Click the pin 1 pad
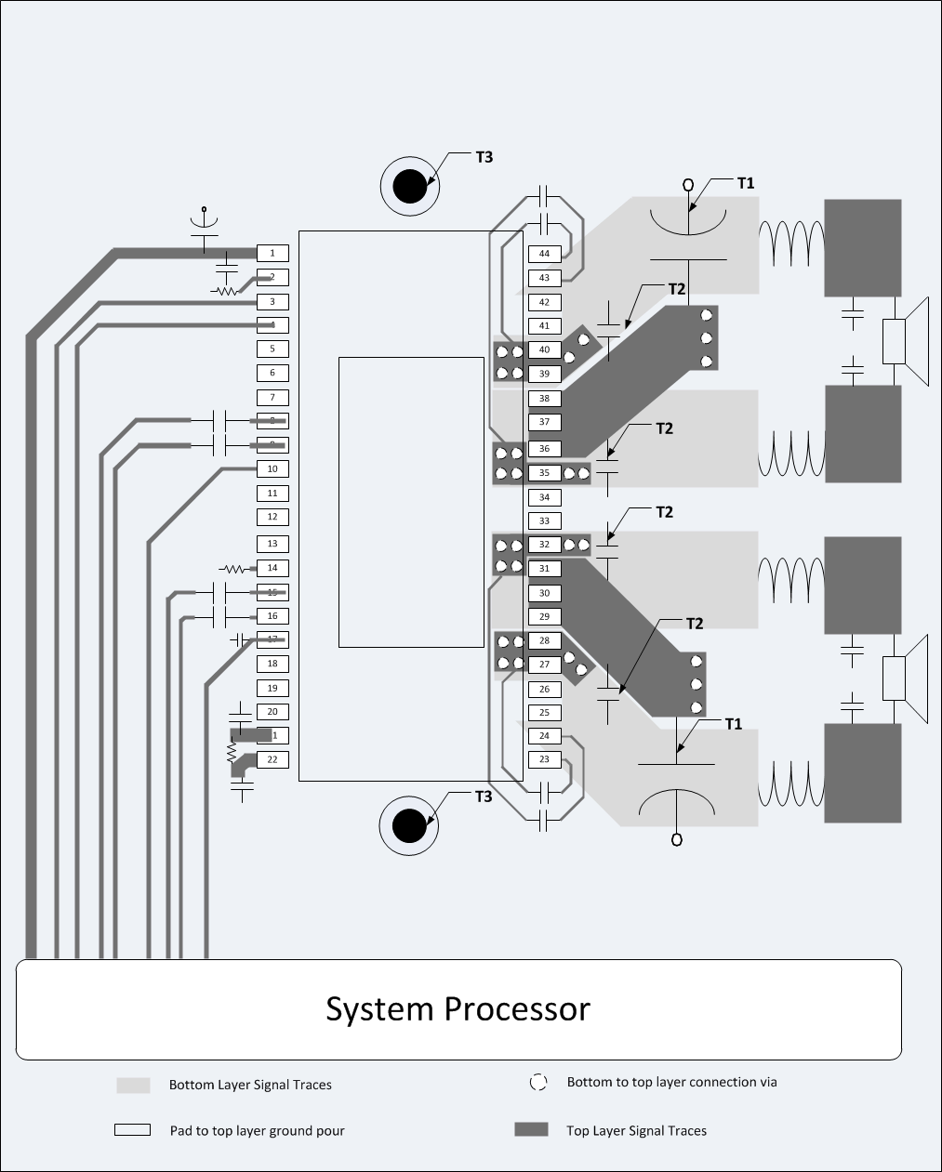[272, 253]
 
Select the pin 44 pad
[544, 254]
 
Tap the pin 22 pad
[272, 759]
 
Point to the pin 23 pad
[544, 759]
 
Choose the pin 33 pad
[544, 521]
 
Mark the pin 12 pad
[272, 517]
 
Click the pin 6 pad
[272, 373]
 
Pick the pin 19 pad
[272, 688]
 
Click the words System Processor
[458, 1008]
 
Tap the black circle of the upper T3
[409, 187]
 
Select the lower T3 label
[484, 797]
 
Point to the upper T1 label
[746, 183]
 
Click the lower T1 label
[734, 723]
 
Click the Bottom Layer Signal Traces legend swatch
[133, 1085]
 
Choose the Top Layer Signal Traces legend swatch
[531, 1130]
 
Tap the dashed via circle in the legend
[537, 1083]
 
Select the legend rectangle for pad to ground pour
[132, 1130]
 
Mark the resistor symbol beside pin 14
[232, 568]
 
